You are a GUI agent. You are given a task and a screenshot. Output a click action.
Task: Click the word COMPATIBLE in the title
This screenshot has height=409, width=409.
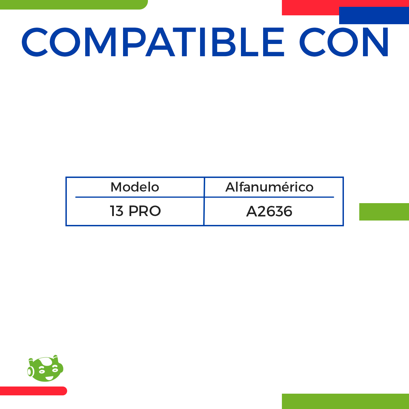(153, 42)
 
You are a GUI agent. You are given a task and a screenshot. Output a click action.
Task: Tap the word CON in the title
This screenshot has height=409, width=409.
(344, 42)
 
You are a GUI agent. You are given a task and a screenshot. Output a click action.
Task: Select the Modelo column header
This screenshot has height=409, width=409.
(135, 187)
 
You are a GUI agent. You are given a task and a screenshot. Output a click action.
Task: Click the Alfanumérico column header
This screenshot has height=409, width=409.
(269, 187)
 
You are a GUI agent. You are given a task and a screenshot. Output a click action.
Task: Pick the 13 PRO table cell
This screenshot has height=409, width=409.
(135, 211)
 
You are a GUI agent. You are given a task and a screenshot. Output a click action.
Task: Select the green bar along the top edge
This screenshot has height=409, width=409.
(73, 4)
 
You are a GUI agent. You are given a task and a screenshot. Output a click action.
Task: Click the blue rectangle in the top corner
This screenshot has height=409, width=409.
(374, 16)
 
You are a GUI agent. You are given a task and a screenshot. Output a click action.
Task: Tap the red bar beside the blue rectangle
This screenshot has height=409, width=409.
(310, 7)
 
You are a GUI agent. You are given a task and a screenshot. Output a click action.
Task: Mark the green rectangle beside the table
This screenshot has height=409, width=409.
(384, 212)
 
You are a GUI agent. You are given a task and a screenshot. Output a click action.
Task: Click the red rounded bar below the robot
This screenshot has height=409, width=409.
(33, 391)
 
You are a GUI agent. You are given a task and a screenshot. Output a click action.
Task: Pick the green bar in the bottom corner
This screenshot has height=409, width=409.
(345, 401)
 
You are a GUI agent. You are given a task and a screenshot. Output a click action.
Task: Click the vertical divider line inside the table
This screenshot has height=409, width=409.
(204, 201)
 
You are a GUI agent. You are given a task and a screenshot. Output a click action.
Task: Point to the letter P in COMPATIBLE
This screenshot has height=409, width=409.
(129, 42)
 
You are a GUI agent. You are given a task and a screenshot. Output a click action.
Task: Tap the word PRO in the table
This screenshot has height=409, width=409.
(145, 211)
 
